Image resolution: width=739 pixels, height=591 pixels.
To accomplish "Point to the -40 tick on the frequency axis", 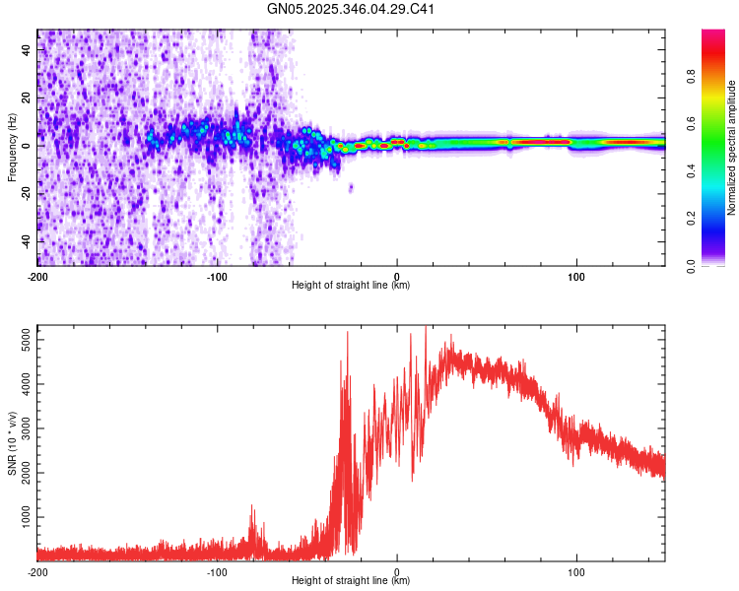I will tap(26, 241).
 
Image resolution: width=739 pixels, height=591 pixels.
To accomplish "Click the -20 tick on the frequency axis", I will tap(26, 193).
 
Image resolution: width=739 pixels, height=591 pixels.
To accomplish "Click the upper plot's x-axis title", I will tap(351, 286).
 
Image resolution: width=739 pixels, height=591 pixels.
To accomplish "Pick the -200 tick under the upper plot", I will tap(37, 275).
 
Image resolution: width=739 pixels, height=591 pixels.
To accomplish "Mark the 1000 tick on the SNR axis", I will tap(22, 517).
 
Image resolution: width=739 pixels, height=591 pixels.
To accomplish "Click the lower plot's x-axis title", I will tap(351, 581).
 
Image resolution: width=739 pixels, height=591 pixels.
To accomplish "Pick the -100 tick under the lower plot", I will tap(217, 570).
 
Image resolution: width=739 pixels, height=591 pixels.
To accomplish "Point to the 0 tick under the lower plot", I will tap(397, 570).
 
